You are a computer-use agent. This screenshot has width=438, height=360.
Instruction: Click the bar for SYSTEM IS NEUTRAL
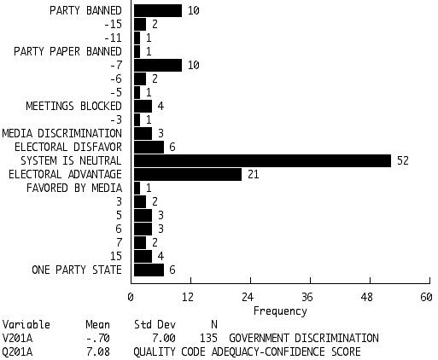(262, 160)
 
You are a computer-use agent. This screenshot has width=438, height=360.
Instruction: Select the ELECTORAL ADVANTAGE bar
(188, 174)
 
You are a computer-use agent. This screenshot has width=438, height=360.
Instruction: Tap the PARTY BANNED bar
(158, 10)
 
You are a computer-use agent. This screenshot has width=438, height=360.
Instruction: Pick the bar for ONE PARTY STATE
(149, 270)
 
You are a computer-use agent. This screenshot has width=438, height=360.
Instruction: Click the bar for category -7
(158, 65)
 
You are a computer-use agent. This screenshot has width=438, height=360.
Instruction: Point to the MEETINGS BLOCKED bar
(143, 106)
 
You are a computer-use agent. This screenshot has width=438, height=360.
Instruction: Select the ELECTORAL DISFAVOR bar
(149, 147)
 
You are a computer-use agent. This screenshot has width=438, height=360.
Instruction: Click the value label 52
(403, 160)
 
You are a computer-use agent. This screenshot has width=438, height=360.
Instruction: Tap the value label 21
(254, 174)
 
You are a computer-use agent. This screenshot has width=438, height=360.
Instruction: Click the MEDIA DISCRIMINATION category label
(62, 133)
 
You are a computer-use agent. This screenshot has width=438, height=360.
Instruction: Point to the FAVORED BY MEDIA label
(74, 188)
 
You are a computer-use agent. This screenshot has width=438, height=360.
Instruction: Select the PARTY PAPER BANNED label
(67, 51)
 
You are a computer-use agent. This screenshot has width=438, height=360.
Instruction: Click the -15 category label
(113, 24)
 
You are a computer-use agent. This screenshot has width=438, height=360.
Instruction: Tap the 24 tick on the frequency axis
(248, 297)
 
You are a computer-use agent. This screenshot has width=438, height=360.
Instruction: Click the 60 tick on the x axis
(426, 297)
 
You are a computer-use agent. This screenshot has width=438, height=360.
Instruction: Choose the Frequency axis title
(280, 311)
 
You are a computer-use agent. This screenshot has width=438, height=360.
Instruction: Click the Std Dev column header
(155, 324)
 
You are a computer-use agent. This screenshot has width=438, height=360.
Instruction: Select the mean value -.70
(98, 338)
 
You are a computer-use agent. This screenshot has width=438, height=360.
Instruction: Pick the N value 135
(208, 338)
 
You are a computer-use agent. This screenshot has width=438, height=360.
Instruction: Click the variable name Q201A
(17, 352)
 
